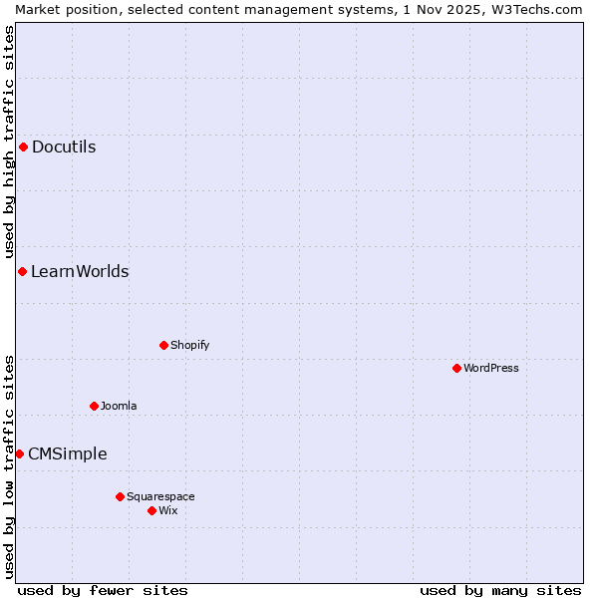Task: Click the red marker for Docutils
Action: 23,148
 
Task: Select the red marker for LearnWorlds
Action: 22,272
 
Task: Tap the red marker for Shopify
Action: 163,346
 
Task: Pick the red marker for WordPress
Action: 456,369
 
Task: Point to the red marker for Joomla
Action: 94,407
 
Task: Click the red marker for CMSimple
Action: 19,454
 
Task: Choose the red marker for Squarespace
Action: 120,496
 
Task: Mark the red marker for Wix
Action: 151,511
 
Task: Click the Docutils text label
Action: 64,148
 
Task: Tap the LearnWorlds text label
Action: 80,272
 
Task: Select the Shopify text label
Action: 189,346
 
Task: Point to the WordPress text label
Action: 490,369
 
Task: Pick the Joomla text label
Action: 119,407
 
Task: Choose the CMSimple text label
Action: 67,454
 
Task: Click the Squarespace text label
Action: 160,496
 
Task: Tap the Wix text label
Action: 167,511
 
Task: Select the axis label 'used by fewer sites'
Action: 103,591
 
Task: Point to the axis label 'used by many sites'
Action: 500,591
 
